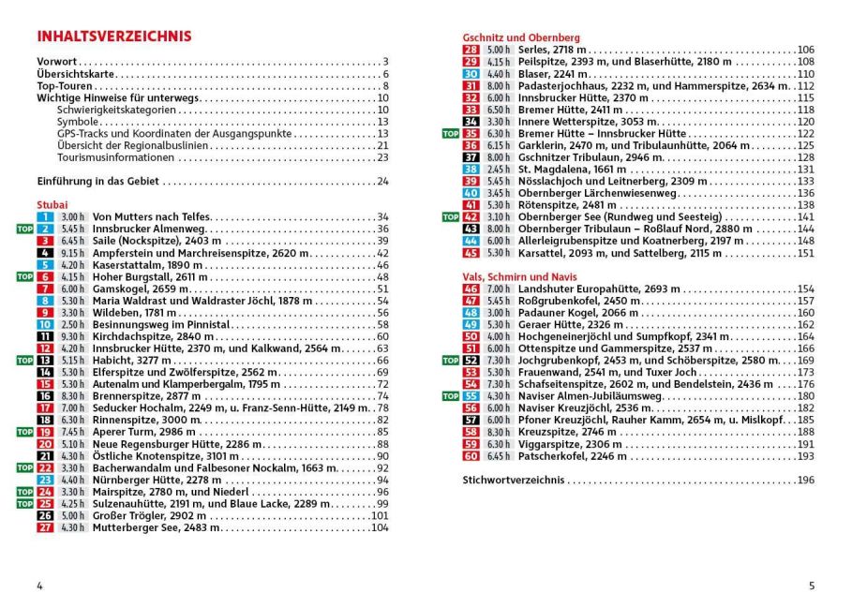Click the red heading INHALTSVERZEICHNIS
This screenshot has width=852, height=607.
click(x=113, y=37)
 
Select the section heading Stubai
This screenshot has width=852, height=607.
click(x=52, y=203)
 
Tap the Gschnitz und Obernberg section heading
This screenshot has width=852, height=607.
click(x=521, y=37)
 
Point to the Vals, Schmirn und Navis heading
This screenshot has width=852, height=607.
click(x=520, y=276)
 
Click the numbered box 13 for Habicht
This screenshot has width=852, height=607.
click(x=45, y=360)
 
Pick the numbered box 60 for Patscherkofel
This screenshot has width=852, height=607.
click(x=471, y=456)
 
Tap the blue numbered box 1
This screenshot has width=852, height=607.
click(x=45, y=216)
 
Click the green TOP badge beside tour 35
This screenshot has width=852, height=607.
click(x=450, y=134)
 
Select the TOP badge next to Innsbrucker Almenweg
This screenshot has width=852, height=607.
click(x=24, y=229)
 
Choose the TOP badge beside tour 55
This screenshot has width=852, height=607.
click(x=450, y=396)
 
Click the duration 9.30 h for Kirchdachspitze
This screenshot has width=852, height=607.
click(x=72, y=336)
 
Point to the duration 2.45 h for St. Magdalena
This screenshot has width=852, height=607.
click(x=499, y=170)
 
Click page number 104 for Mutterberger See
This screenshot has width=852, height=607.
click(x=379, y=527)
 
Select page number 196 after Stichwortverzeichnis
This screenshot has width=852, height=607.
click(x=805, y=480)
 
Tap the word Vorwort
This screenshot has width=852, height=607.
click(x=56, y=62)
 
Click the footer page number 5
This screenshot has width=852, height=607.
click(x=812, y=586)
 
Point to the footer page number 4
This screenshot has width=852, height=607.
click(x=39, y=586)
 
